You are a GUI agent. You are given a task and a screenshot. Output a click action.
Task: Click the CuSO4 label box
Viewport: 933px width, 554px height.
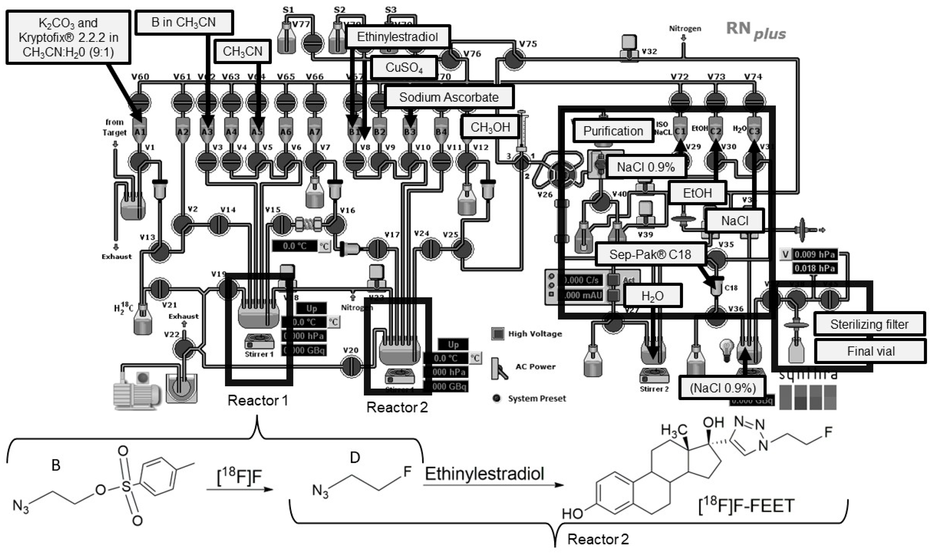click(x=404, y=68)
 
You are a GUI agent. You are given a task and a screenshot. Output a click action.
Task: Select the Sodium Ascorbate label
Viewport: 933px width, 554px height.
click(x=449, y=97)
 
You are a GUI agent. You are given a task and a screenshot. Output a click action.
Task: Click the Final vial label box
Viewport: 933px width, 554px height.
click(x=870, y=351)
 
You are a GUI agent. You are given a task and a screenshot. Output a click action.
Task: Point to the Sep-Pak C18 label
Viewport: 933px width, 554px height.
click(x=650, y=255)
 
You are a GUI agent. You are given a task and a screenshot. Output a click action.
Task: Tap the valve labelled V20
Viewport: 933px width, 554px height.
click(x=351, y=366)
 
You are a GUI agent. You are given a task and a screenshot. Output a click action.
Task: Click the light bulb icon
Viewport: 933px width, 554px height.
click(x=727, y=349)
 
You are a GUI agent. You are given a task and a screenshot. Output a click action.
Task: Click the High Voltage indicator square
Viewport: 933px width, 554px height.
click(x=497, y=333)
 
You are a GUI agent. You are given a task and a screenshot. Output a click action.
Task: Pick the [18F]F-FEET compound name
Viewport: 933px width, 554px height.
click(x=746, y=506)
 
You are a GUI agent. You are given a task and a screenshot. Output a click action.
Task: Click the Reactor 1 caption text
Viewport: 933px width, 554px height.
click(x=258, y=401)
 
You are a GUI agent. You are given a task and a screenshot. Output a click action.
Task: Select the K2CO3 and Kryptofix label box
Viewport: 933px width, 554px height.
click(x=68, y=37)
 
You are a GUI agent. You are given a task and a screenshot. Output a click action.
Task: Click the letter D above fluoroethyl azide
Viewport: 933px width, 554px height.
click(x=354, y=457)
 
